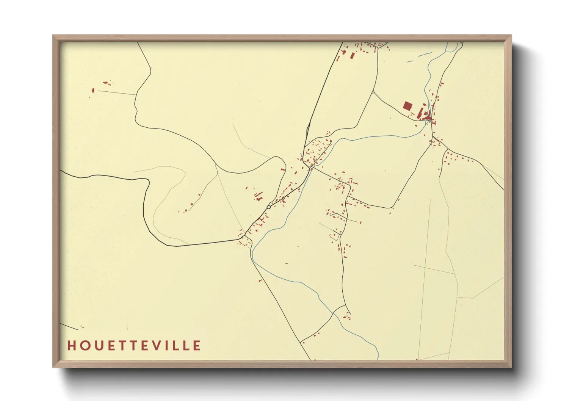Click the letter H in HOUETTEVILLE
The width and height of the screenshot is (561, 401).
pyautogui.click(x=71, y=346)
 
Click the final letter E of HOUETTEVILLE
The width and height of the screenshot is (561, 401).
pyautogui.click(x=197, y=346)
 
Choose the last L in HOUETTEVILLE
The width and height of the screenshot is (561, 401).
pyautogui.click(x=186, y=346)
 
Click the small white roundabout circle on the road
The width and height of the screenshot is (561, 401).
pyautogui.click(x=269, y=207)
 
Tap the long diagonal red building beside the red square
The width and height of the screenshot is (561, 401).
pyautogui.click(x=420, y=112)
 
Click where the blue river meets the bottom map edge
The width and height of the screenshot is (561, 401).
pyautogui.click(x=378, y=359)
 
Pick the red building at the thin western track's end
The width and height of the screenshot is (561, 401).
pyautogui.click(x=93, y=90)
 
